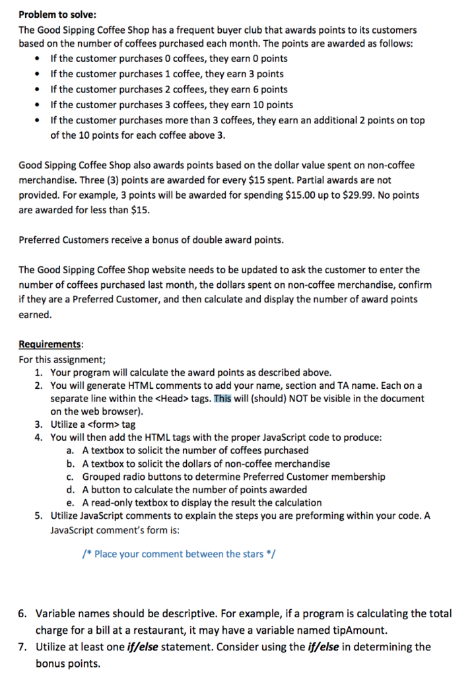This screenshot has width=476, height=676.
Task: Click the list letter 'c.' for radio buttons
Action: coord(70,476)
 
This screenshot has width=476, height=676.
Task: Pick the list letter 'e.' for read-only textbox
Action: coord(70,502)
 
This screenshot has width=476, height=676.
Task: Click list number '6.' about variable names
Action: coord(23,613)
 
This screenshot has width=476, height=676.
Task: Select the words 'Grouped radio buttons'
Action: coord(131,476)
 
